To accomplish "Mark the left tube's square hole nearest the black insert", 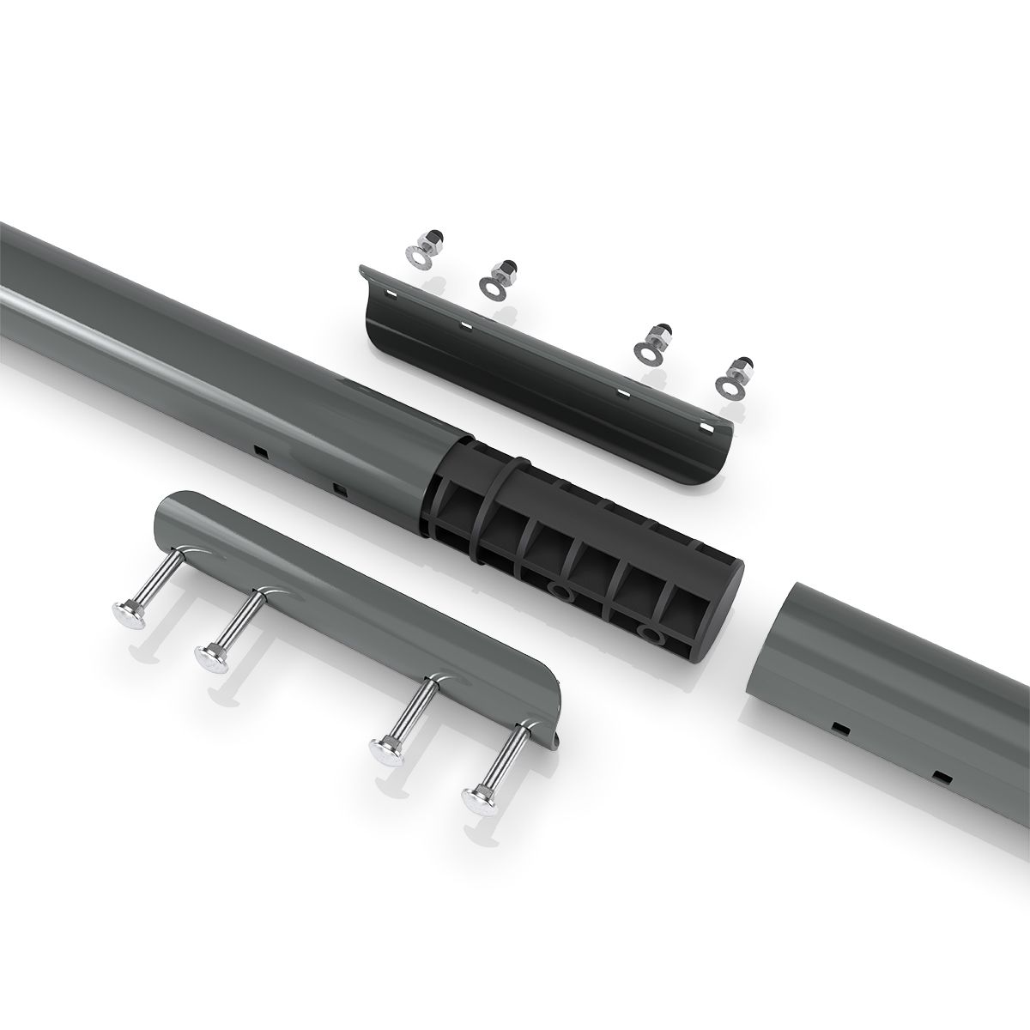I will click(341, 490).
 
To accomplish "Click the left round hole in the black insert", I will click(560, 593).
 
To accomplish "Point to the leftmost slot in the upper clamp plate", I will click(391, 294).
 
